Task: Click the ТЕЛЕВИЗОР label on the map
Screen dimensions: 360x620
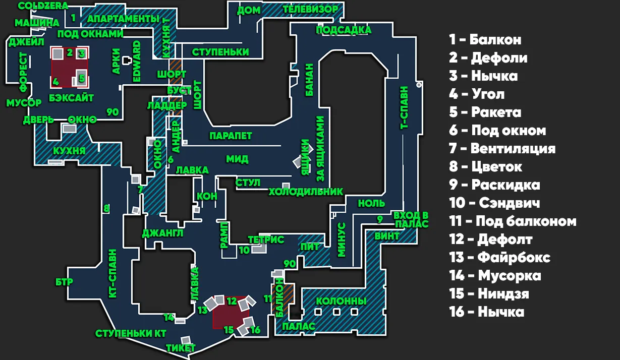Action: [310, 9]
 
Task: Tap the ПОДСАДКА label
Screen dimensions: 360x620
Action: [344, 30]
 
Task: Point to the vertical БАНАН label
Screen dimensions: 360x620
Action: [310, 80]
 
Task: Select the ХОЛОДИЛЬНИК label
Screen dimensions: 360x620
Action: [306, 192]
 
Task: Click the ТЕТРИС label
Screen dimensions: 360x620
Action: [266, 240]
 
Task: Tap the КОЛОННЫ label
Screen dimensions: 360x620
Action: [341, 301]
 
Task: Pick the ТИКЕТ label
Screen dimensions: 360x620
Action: [181, 348]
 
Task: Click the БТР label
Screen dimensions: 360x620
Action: [64, 282]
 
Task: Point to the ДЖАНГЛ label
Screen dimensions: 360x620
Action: [162, 233]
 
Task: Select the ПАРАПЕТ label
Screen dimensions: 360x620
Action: [231, 136]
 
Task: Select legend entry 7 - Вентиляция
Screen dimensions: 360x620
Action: [502, 149]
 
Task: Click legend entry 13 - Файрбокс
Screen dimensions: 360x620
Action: [499, 258]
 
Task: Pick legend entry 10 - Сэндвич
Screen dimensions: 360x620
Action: [494, 203]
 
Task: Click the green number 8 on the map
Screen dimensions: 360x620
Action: [106, 208]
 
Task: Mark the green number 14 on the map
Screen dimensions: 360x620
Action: [169, 318]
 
